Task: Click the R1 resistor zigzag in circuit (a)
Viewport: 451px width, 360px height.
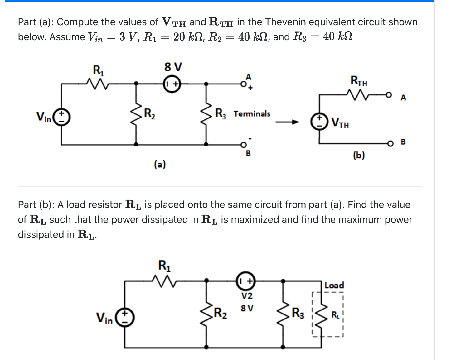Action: pos(97,84)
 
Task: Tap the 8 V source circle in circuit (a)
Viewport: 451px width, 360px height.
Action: pos(172,84)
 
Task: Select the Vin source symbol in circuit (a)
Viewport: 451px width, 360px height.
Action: pos(61,117)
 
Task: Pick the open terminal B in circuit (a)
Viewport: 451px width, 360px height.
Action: pos(243,145)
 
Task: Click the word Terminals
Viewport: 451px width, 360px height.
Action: pos(252,114)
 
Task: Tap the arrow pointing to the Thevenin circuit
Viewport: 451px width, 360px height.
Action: pos(287,122)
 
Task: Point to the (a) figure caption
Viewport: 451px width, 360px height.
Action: pos(160,164)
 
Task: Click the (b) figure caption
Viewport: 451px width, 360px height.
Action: pos(359,155)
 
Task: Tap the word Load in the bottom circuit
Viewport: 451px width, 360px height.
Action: pos(334,285)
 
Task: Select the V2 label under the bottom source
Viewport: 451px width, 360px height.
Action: pos(247,296)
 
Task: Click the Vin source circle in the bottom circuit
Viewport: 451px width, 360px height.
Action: pos(125,318)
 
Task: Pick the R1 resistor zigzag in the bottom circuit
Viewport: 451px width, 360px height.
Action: pos(164,281)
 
